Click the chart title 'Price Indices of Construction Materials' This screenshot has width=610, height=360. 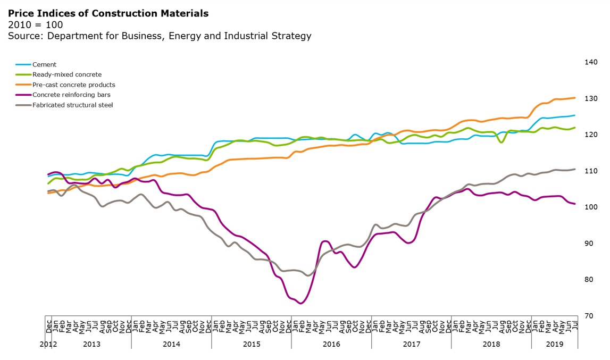pos(108,13)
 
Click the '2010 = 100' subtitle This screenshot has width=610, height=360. pos(35,24)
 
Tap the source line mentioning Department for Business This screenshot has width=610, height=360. pos(159,36)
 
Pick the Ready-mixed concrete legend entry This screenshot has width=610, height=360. pos(66,75)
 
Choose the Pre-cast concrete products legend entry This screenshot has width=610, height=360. pos(73,85)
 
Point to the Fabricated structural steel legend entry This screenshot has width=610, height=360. pos(72,105)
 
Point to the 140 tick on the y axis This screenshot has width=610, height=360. pos(591,62)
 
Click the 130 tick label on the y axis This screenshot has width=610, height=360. pos(591,98)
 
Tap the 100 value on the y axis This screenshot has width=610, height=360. pos(591,207)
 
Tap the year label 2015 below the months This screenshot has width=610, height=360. pos(252,344)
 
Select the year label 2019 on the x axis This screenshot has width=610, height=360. pos(555,344)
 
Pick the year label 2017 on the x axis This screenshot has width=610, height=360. pos(411,344)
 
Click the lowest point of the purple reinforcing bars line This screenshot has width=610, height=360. pos(301,303)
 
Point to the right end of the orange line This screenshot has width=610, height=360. pos(575,98)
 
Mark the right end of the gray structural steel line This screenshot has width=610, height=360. pos(575,169)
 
